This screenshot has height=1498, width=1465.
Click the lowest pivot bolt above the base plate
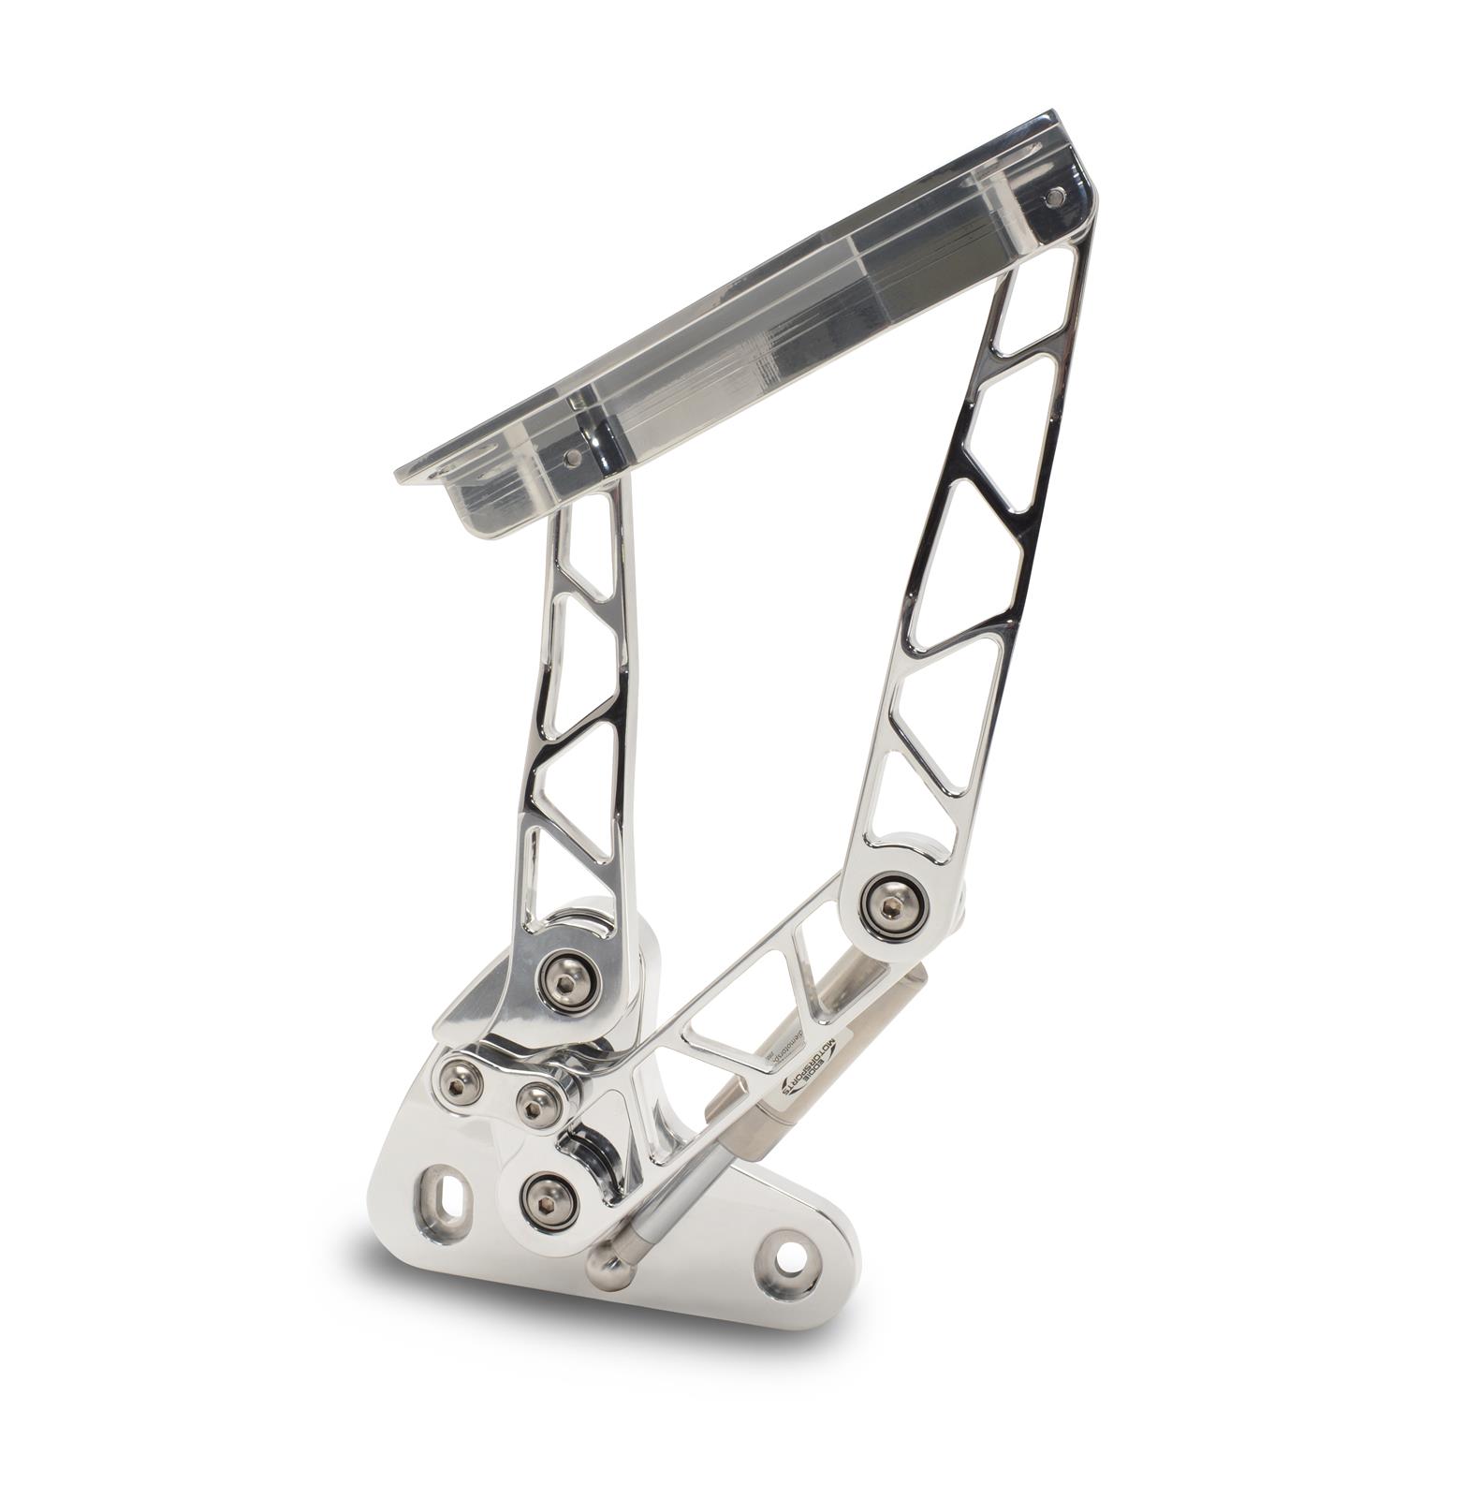pos(546,1201)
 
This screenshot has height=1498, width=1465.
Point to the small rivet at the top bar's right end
pos(1055,197)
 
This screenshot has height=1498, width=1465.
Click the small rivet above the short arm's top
pos(570,459)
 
